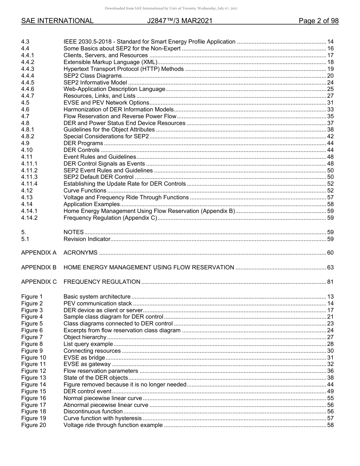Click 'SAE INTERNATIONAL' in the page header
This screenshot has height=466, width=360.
57,21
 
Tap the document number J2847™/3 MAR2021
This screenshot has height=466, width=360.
180,21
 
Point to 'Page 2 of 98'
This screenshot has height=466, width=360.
318,21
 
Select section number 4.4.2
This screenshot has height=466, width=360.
28,62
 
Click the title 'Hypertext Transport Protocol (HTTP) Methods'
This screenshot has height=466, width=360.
124,69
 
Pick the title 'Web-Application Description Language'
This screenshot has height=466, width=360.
114,89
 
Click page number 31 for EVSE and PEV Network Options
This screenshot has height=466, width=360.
330,103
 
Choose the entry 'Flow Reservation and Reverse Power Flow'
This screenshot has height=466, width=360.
120,116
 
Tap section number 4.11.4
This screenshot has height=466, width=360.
29,184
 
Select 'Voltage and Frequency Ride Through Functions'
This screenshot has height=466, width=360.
126,197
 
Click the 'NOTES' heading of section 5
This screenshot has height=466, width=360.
74,232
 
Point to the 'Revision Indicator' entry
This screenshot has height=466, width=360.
87,239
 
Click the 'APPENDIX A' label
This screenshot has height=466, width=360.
39,253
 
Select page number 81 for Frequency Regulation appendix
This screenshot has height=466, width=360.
330,282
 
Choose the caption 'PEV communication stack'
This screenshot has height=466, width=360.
98,303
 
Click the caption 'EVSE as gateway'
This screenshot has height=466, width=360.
87,364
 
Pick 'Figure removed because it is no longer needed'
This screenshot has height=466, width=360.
125,385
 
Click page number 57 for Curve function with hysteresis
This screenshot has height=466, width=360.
330,418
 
